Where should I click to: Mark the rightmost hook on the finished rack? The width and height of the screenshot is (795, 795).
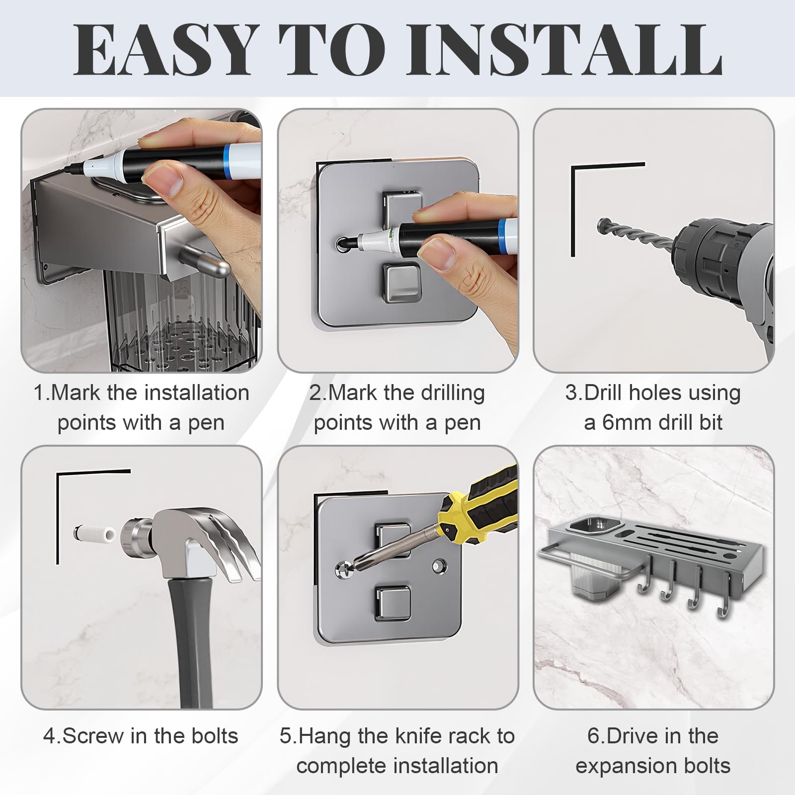point(725,596)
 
